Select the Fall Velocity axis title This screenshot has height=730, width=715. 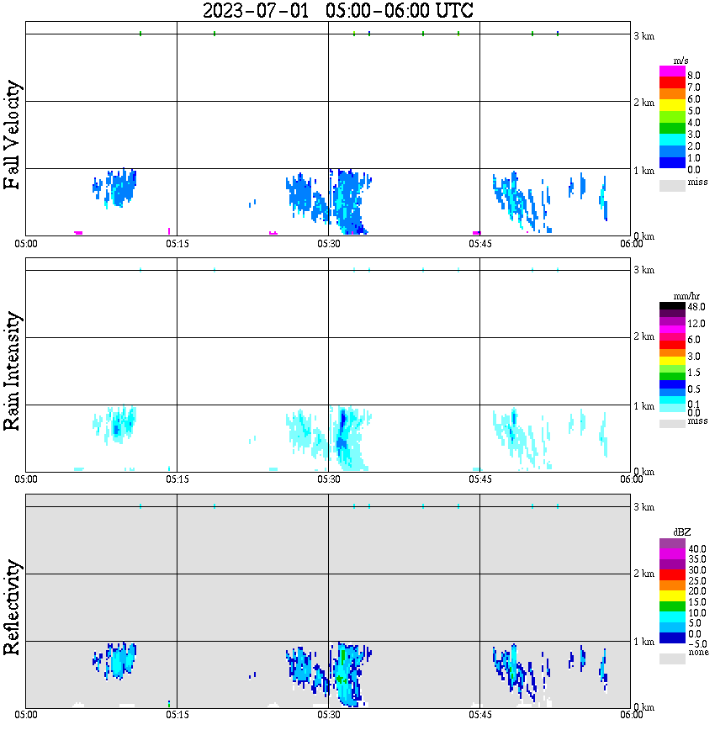(x=13, y=135)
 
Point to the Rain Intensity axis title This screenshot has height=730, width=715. (x=13, y=371)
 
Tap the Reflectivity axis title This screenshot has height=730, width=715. (x=13, y=607)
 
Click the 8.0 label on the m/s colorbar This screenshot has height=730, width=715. (x=694, y=76)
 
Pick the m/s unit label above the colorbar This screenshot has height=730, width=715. (x=681, y=60)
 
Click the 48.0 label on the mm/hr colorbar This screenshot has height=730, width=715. (x=696, y=307)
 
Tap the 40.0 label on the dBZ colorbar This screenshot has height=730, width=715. (x=696, y=548)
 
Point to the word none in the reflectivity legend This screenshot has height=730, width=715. (x=697, y=653)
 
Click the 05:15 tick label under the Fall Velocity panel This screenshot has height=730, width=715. (x=176, y=244)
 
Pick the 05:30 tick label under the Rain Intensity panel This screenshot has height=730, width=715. (x=328, y=480)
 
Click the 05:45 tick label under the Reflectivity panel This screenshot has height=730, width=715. (x=479, y=716)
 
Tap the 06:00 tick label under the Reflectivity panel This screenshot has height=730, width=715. (x=631, y=716)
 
